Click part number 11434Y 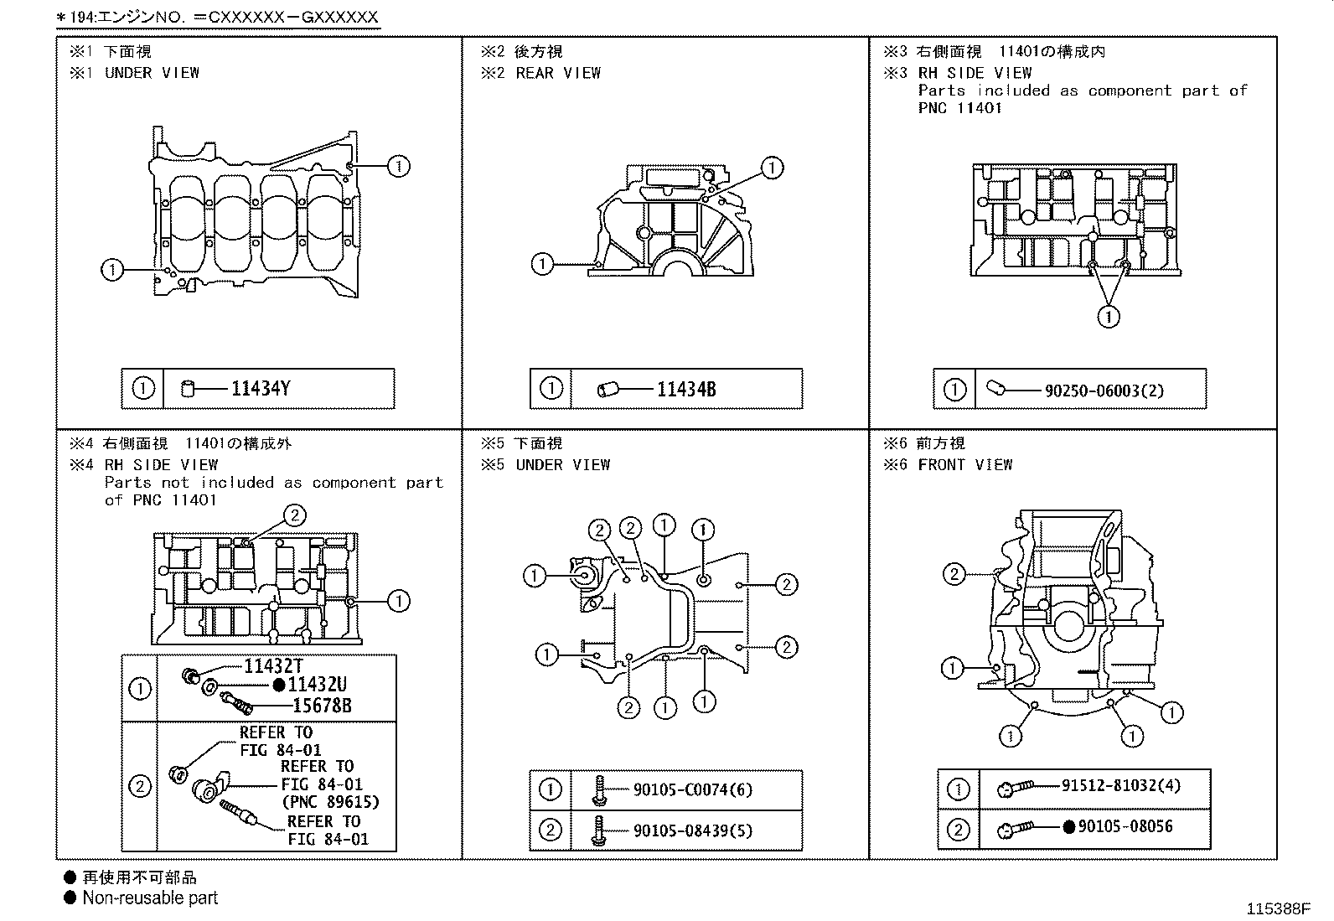click(261, 389)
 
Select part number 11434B click(685, 390)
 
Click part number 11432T click(272, 666)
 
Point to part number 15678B click(322, 706)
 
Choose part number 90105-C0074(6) click(692, 789)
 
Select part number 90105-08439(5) click(692, 830)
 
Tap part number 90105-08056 click(1125, 826)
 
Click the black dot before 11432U click(278, 685)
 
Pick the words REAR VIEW click(558, 73)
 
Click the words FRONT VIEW click(964, 464)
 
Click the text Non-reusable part click(150, 898)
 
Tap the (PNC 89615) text click(330, 802)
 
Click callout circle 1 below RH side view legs click(1108, 317)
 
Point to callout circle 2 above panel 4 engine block click(294, 515)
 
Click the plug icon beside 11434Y click(189, 389)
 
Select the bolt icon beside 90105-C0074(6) click(599, 789)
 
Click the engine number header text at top click(216, 16)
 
